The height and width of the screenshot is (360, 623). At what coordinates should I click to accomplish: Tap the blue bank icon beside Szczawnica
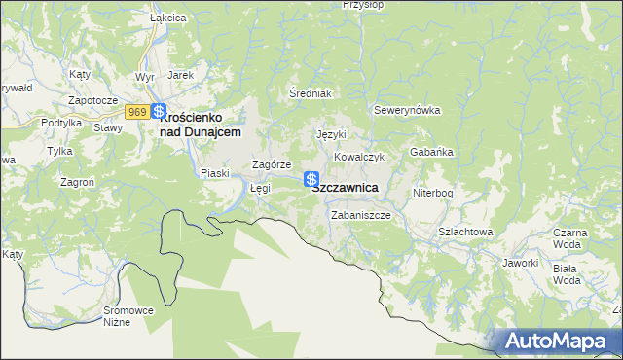311,179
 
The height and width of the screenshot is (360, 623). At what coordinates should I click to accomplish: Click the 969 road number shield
136,113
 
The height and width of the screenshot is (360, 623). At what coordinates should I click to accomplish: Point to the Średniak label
311,93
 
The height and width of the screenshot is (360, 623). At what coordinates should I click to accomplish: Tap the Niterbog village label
432,193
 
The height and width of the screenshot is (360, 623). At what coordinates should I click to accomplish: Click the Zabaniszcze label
360,215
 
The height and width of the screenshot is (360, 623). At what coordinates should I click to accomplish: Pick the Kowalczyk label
361,157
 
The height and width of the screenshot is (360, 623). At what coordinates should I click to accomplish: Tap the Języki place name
332,134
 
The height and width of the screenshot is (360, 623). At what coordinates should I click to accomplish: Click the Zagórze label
272,165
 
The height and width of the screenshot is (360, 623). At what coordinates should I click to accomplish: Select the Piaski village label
214,173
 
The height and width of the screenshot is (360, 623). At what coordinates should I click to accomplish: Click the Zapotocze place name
92,100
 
